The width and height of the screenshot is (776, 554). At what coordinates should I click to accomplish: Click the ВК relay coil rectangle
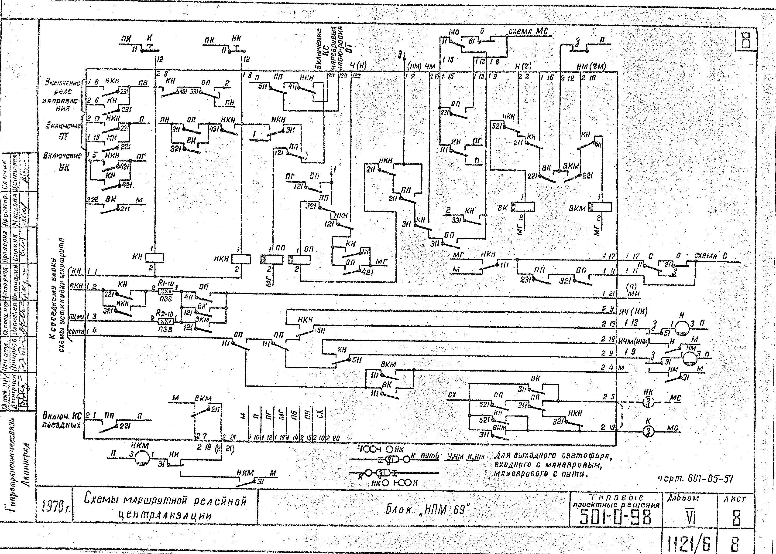(522, 207)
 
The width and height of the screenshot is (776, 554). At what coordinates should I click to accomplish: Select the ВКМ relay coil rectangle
(600, 207)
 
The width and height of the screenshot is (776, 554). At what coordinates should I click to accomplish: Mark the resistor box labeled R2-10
(166, 321)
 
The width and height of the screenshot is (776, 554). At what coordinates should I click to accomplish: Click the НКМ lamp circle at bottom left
(142, 458)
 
